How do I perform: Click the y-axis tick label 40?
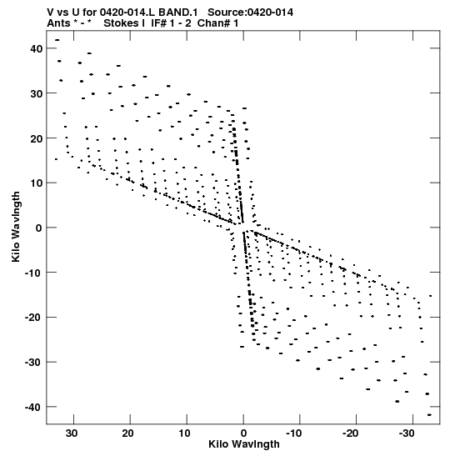coord(37,48)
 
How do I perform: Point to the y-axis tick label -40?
coord(33,407)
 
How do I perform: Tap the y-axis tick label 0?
coord(39,228)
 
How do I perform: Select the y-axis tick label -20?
coord(33,318)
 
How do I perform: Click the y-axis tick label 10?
coord(37,183)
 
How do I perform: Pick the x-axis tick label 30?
coord(72,433)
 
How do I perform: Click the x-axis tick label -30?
coord(407,433)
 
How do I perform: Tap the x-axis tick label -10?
coord(295,433)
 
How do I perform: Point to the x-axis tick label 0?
coord(243,433)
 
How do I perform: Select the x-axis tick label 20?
coord(127,433)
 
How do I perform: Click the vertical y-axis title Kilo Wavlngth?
coord(16,227)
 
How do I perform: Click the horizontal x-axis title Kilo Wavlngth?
coord(244,444)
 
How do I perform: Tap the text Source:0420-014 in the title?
coord(250,13)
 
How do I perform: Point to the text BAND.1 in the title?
coord(178,13)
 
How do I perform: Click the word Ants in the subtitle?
coord(58,23)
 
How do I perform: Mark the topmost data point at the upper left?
coord(57,40)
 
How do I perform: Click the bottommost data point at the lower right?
coord(430,415)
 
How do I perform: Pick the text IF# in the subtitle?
coord(158,23)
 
